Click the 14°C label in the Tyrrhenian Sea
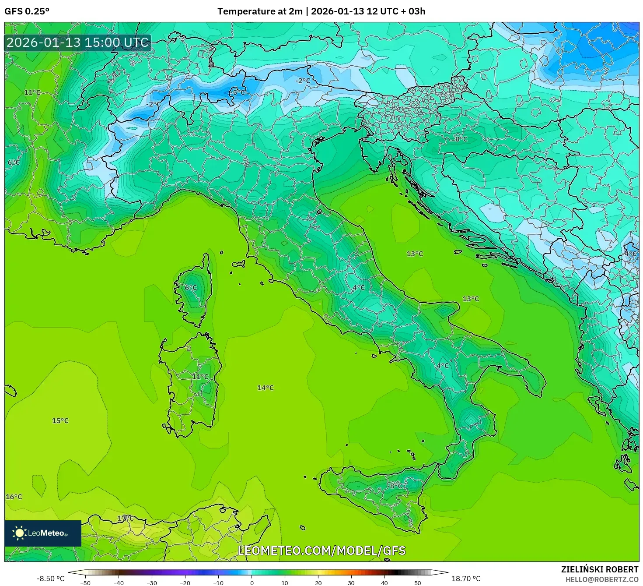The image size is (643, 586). [x=266, y=388]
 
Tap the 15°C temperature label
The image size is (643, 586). [x=60, y=420]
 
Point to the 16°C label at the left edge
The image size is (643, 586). [x=14, y=497]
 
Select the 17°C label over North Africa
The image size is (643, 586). [x=125, y=518]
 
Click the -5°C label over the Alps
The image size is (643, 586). [x=238, y=92]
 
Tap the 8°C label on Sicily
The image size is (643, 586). [x=397, y=486]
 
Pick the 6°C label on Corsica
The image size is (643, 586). [x=191, y=288]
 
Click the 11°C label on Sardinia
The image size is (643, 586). [x=200, y=377]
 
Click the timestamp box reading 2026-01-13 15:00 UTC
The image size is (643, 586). [x=78, y=42]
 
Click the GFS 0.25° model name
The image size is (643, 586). [x=27, y=11]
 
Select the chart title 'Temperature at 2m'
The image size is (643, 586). [x=260, y=11]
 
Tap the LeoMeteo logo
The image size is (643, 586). [x=43, y=533]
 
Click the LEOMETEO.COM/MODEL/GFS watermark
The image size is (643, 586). [x=321, y=551]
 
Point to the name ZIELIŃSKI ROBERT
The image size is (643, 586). [x=600, y=569]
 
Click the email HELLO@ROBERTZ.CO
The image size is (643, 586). [x=601, y=579]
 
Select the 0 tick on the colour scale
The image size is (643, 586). [x=252, y=582]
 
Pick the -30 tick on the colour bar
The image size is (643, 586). [x=151, y=582]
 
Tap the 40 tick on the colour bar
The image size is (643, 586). [x=384, y=582]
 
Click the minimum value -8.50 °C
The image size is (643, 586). [x=50, y=579]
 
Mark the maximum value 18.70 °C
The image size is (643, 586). [x=466, y=579]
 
